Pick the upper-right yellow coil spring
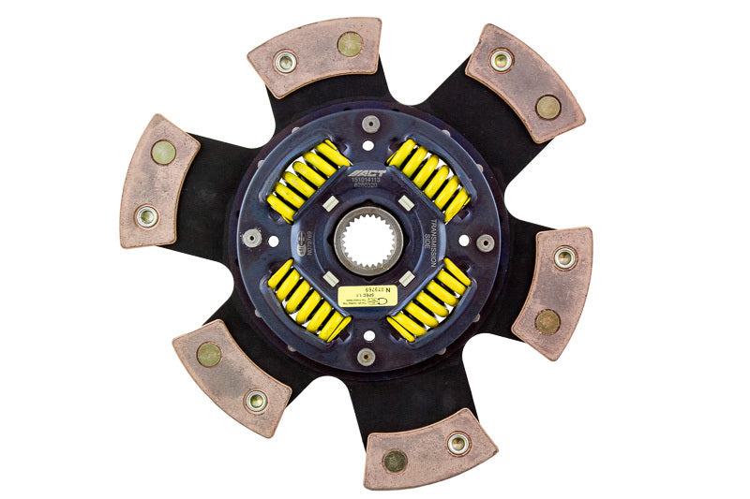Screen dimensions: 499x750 428,178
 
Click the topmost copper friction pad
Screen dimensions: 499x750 315,57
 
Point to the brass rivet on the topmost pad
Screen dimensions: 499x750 349,43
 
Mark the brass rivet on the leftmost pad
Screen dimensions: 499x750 163,152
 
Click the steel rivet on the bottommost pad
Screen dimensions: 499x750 457,443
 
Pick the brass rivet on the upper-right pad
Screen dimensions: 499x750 547,107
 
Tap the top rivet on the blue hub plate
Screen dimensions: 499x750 371,124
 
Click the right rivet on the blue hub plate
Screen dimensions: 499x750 485,242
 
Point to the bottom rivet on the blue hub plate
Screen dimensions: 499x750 367,356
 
